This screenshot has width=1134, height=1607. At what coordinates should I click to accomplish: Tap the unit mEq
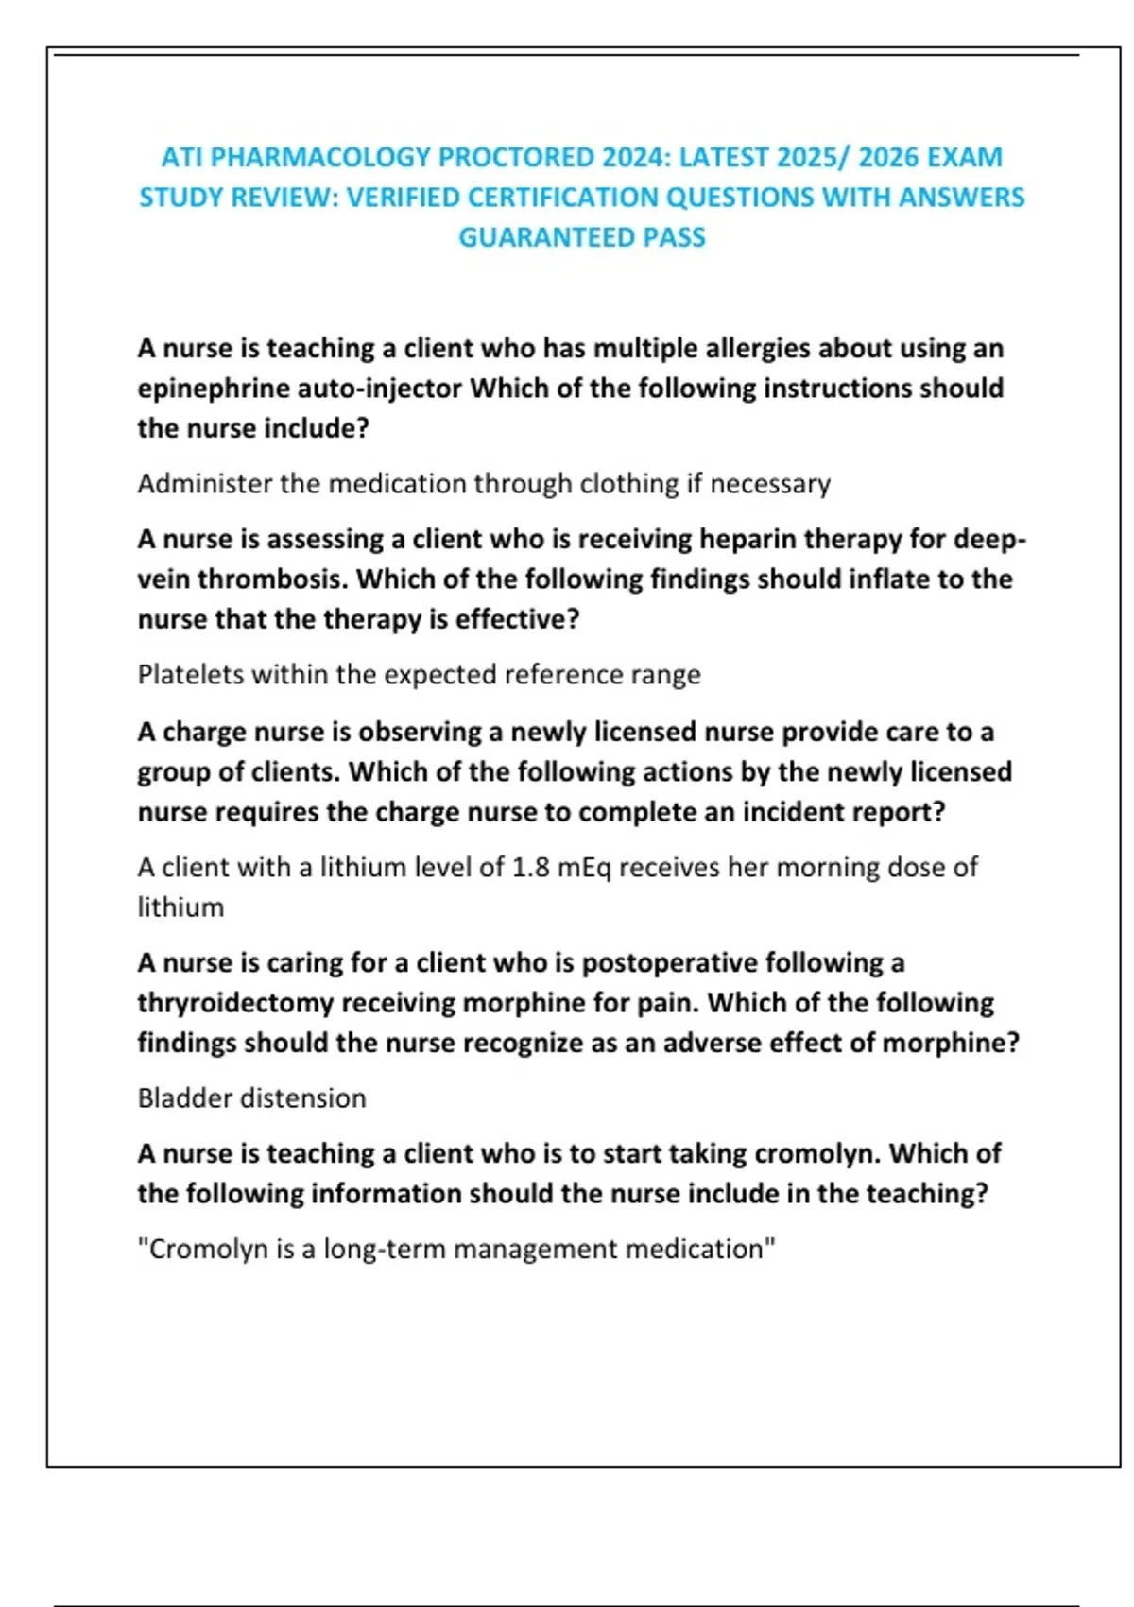click(x=584, y=868)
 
